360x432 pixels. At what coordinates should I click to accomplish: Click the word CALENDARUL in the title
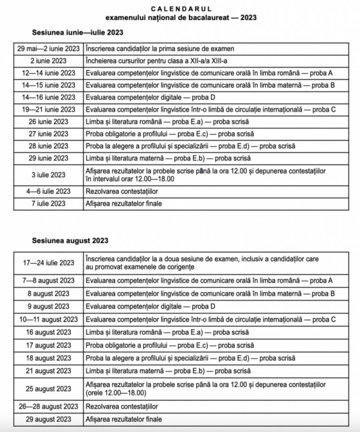(181, 9)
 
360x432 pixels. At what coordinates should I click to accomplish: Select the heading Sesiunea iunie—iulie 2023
(78, 33)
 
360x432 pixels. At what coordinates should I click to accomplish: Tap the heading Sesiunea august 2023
(70, 241)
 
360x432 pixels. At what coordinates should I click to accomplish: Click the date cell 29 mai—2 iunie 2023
(49, 49)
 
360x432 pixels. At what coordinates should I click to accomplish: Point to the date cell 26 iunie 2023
(49, 122)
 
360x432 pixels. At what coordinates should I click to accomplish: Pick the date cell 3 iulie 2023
(49, 175)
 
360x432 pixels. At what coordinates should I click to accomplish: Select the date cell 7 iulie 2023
(49, 204)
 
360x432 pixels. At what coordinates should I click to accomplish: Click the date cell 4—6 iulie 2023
(49, 191)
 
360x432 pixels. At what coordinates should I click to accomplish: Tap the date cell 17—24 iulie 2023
(49, 263)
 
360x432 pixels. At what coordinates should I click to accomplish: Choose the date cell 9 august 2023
(49, 307)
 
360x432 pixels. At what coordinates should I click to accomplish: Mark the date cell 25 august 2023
(49, 389)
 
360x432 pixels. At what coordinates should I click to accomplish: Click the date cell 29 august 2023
(49, 420)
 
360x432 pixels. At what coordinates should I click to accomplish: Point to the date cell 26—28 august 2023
(49, 406)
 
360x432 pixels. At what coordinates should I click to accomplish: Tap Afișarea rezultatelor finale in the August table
(124, 420)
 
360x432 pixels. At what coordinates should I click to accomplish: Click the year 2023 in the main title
(248, 17)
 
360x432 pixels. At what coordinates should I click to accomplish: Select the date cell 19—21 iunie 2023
(49, 109)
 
